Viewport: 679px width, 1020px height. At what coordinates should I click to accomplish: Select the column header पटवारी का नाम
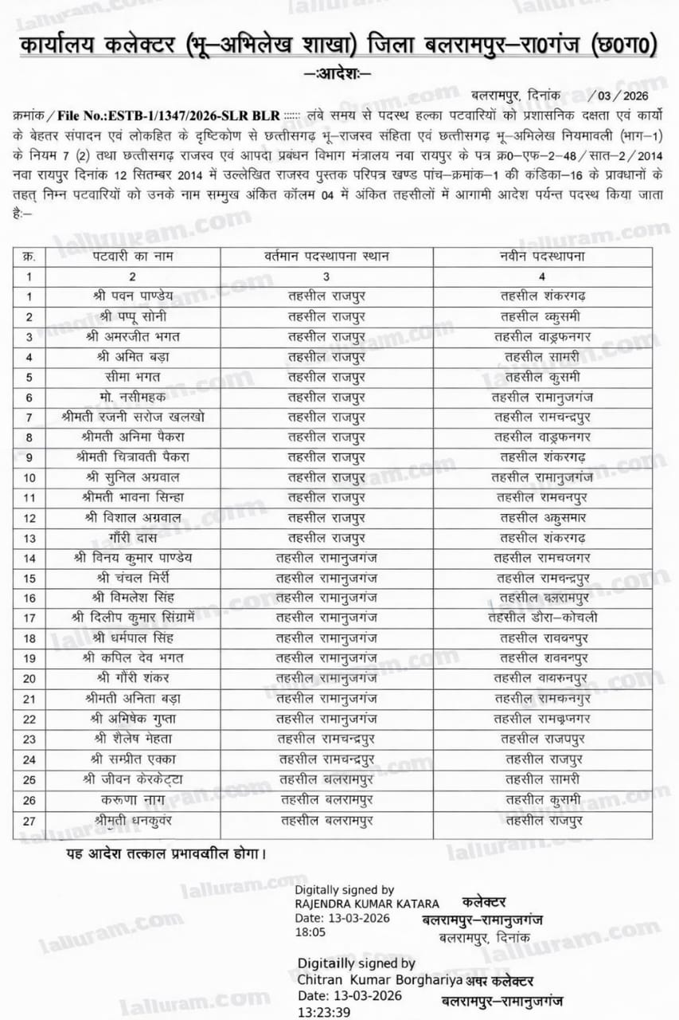click(132, 257)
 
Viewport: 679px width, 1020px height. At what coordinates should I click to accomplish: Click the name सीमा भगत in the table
click(132, 377)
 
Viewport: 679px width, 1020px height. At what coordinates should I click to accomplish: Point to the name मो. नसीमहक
click(132, 397)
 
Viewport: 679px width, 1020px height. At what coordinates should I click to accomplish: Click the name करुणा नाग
click(132, 799)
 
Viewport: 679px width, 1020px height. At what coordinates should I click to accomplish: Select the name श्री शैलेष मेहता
click(132, 739)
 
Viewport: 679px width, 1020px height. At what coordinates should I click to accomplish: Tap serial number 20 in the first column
click(29, 678)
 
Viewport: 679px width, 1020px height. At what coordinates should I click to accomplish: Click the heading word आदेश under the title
click(338, 74)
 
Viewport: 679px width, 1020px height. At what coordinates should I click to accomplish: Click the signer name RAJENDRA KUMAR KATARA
click(366, 904)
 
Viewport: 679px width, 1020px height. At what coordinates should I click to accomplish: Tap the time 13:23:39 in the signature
click(324, 1011)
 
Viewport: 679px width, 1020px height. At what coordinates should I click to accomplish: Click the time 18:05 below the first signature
click(310, 932)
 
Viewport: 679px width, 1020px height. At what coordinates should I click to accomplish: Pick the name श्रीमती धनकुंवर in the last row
click(132, 819)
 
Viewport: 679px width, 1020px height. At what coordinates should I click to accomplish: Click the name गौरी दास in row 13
click(132, 538)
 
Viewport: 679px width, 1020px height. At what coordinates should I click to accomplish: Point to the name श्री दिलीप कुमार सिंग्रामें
click(132, 618)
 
